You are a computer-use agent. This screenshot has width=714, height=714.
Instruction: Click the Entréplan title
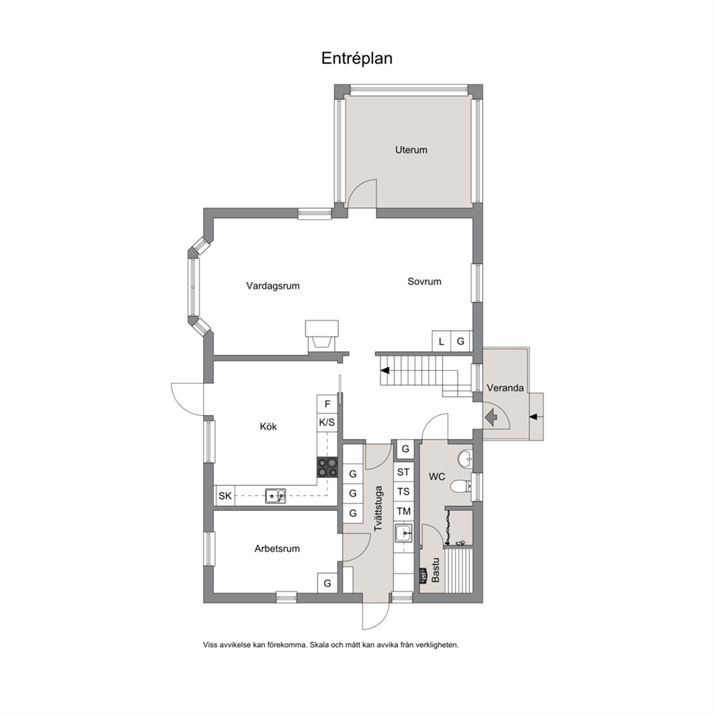tap(356, 58)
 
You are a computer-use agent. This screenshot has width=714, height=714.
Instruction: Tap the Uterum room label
tap(411, 150)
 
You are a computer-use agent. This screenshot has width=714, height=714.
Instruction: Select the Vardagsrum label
tap(273, 286)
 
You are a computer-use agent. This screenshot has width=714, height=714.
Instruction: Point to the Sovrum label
tap(425, 281)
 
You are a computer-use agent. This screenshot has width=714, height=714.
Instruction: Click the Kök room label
tap(268, 427)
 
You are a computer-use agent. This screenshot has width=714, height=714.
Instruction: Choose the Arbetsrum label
tap(277, 548)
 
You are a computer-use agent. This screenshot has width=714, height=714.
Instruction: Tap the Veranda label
tap(505, 388)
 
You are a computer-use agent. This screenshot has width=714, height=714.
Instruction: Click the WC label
tap(437, 476)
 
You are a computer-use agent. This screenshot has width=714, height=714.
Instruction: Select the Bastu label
tap(435, 569)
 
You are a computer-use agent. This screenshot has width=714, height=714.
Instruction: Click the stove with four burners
tap(327, 468)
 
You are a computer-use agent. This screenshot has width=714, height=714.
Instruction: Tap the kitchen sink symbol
tap(276, 495)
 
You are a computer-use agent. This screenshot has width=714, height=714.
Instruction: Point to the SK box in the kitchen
tap(225, 495)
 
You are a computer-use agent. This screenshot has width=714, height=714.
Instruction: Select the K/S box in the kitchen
tap(327, 422)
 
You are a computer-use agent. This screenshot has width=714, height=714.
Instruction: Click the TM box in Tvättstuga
tap(404, 511)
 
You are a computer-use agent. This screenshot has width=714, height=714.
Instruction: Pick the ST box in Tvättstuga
tap(404, 472)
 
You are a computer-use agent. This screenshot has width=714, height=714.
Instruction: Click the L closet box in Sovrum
tap(441, 341)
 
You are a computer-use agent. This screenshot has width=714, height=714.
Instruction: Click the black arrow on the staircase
tap(385, 370)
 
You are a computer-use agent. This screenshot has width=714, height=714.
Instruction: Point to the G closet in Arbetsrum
tap(327, 583)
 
